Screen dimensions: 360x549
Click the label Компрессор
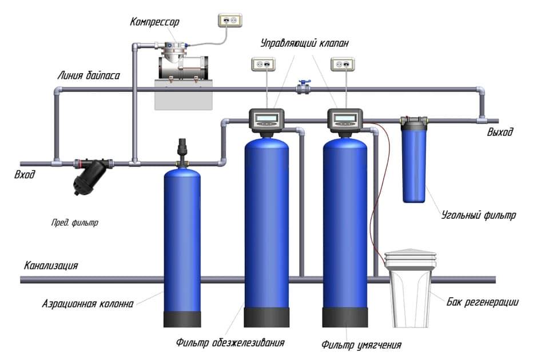(x=154, y=22)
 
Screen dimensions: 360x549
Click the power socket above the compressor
(x=229, y=21)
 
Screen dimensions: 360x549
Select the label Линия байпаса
(x=89, y=75)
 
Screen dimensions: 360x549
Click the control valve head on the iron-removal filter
(x=267, y=119)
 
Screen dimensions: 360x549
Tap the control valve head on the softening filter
(x=345, y=119)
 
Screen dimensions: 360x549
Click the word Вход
(x=25, y=175)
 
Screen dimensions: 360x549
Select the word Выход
(x=500, y=133)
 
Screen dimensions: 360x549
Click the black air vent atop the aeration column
(x=183, y=150)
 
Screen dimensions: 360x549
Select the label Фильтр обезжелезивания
(x=230, y=342)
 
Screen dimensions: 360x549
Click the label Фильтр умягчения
(x=361, y=345)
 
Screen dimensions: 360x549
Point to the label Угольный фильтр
(x=479, y=216)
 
